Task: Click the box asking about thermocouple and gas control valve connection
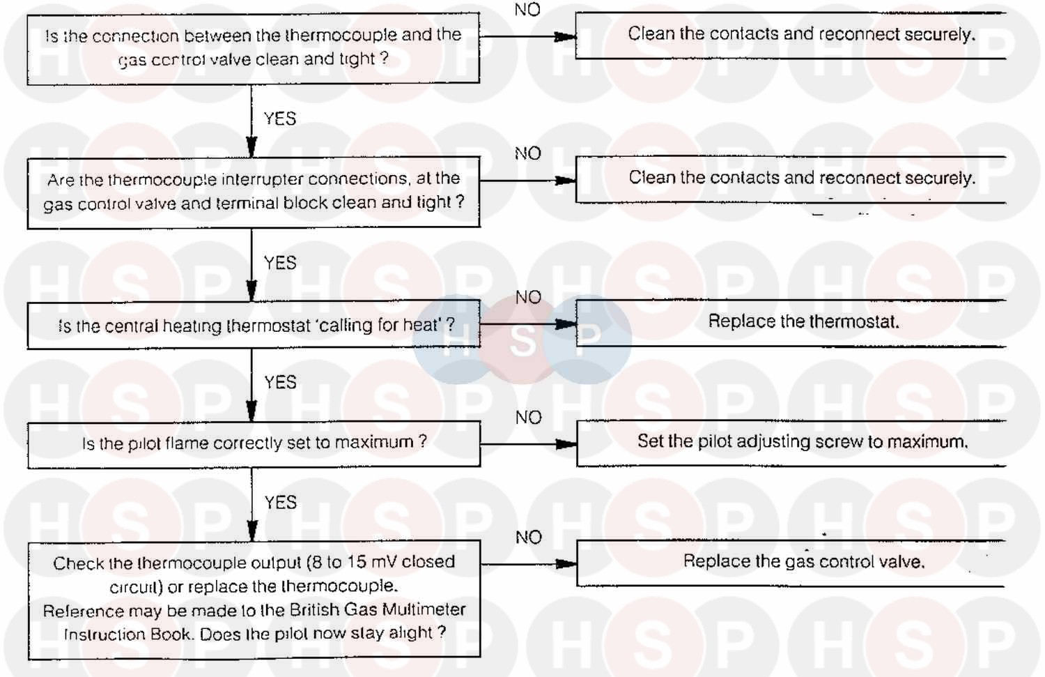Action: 253,47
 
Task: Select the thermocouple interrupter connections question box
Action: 253,192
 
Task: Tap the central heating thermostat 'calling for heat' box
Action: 253,325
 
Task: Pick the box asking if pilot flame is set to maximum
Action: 253,443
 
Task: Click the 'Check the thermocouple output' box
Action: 254,598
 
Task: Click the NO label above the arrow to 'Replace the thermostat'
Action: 528,298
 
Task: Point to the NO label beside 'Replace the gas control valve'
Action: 528,538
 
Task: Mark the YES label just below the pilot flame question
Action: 280,503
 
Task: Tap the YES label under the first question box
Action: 280,119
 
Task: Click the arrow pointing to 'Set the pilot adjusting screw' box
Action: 564,444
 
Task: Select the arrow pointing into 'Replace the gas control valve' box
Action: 564,563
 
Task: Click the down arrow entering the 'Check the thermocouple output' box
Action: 252,531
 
